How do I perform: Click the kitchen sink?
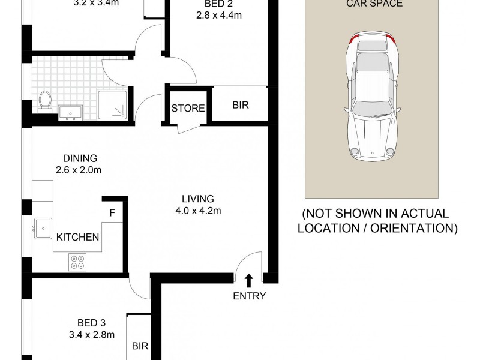(43, 228)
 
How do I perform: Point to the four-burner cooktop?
(78, 261)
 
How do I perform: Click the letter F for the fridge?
(112, 212)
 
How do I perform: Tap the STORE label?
(188, 109)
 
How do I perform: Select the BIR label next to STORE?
(241, 105)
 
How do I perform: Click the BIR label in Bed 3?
(140, 346)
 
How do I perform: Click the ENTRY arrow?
(249, 280)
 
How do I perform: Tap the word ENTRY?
(250, 296)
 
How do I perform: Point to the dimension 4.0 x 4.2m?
(199, 211)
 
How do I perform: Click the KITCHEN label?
(77, 237)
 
